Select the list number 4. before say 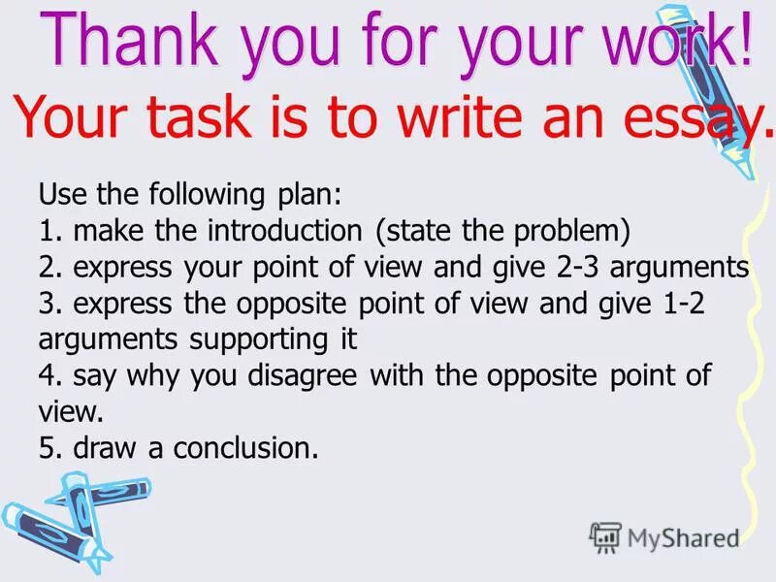coord(49,376)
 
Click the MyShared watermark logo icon coord(605,536)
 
